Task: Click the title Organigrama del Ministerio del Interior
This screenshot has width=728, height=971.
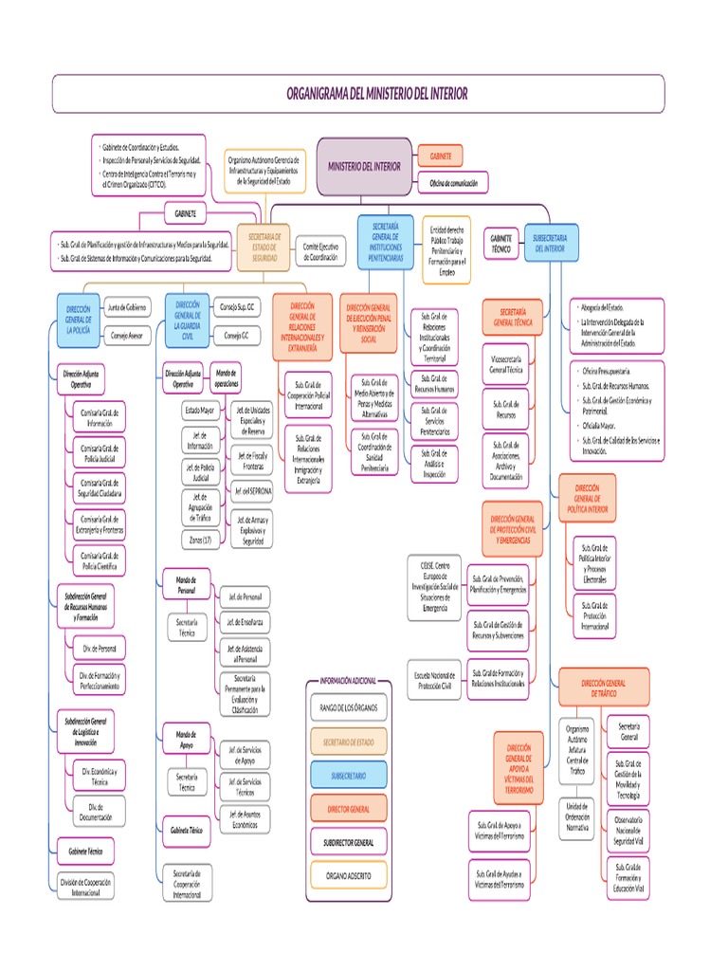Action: pyautogui.click(x=376, y=94)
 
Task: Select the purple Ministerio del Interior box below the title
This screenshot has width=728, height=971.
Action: pyautogui.click(x=364, y=165)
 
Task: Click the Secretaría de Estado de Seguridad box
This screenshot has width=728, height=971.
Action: pyautogui.click(x=264, y=247)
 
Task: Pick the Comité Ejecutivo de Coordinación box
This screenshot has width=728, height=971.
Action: pyautogui.click(x=319, y=250)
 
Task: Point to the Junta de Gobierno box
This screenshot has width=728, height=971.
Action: pyautogui.click(x=127, y=307)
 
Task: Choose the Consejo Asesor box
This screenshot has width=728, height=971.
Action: pyautogui.click(x=127, y=336)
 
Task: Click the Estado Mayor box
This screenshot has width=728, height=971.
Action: pyautogui.click(x=200, y=412)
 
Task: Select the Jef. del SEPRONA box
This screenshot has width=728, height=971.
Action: pyautogui.click(x=253, y=490)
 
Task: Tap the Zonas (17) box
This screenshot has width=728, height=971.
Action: pyautogui.click(x=200, y=539)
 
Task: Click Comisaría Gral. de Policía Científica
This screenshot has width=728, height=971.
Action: pyautogui.click(x=100, y=559)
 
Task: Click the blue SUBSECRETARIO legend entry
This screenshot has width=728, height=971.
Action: pyautogui.click(x=348, y=776)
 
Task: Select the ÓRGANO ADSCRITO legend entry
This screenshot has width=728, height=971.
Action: pyautogui.click(x=348, y=873)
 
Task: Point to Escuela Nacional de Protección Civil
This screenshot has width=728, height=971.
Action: pyautogui.click(x=436, y=679)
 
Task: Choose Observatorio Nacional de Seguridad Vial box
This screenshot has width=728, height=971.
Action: pyautogui.click(x=628, y=830)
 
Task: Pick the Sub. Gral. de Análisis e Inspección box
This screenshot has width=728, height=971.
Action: pyautogui.click(x=435, y=463)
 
